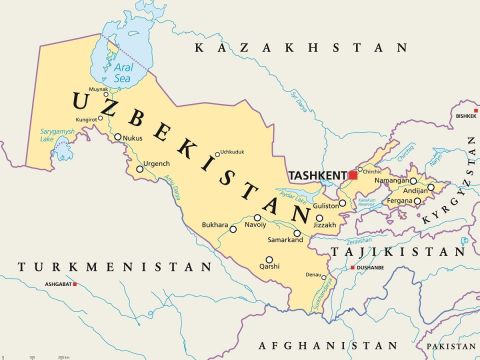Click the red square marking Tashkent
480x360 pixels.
coord(352,175)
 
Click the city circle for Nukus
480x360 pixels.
coord(118,137)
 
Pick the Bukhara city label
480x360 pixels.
coord(215,226)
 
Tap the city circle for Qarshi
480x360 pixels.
coord(269,260)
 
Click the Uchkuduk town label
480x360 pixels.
coord(232,152)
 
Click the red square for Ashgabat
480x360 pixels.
coord(76,284)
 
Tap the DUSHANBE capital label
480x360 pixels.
coord(369,268)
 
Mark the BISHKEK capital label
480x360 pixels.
coord(465,115)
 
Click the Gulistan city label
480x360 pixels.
coord(326,204)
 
